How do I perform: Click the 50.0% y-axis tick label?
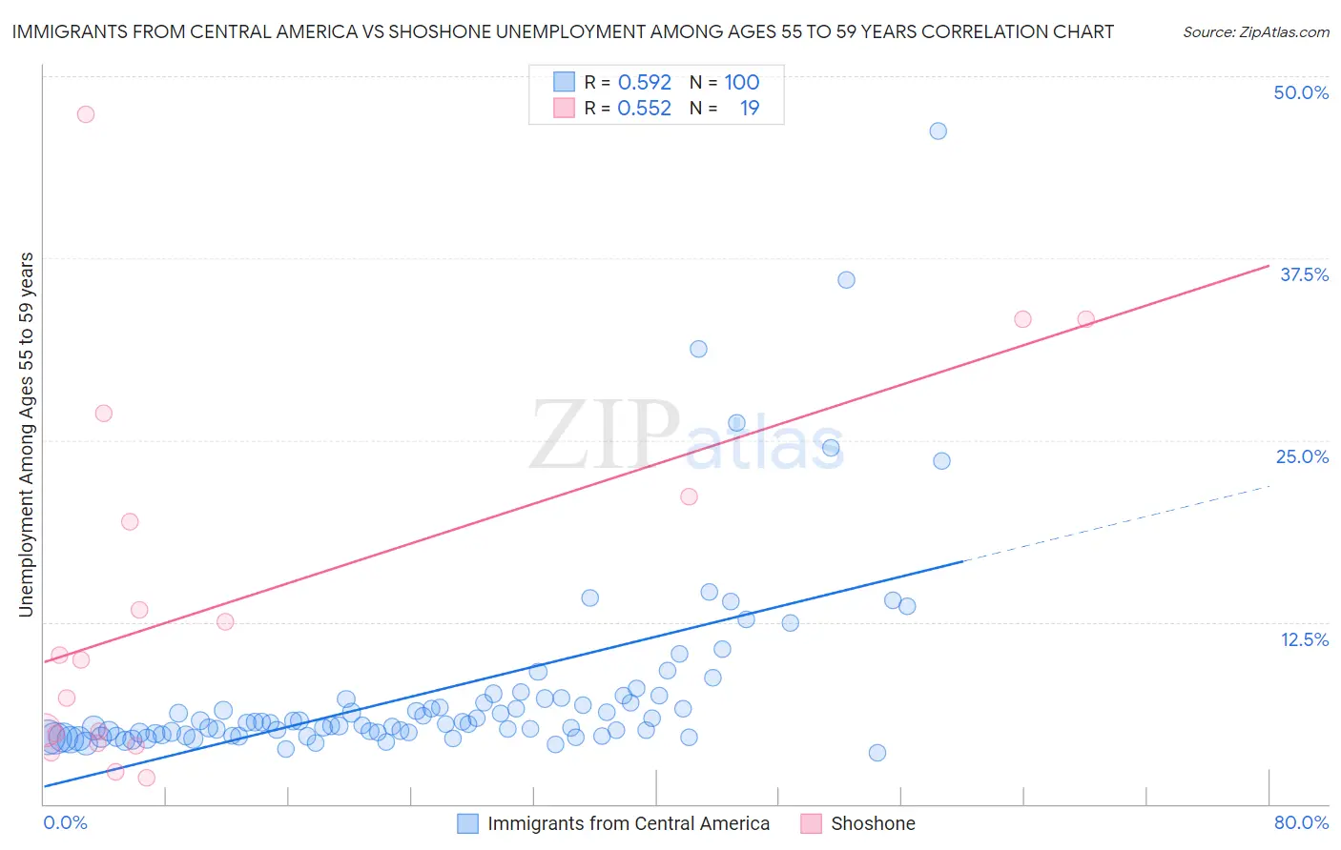coord(1301,92)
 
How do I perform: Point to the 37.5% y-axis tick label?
coord(1304,274)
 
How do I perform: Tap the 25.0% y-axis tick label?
coord(1302,456)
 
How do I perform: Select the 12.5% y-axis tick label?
coord(1304,639)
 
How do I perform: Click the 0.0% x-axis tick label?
coord(65,822)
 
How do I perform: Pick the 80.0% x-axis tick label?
coord(1301,822)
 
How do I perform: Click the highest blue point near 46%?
coord(938,132)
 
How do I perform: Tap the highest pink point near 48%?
coord(86,114)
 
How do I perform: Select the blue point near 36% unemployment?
coord(846,280)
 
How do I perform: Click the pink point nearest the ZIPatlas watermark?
coord(689,496)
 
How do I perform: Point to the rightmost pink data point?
coord(1085,319)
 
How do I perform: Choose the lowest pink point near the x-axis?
coord(146,778)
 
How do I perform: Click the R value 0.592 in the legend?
coord(645,83)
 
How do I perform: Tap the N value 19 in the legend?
coord(750,109)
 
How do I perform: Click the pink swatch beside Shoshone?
coord(811,823)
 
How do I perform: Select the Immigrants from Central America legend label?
coord(629,823)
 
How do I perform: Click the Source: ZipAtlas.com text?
coord(1255,32)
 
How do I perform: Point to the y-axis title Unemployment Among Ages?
coord(27,434)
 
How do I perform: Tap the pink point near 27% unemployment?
coord(103,414)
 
